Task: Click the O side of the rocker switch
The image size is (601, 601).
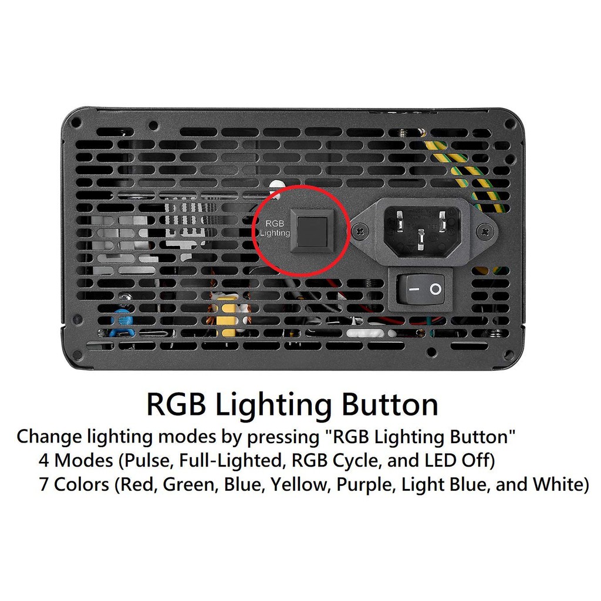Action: pyautogui.click(x=435, y=289)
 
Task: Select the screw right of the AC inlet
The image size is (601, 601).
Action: pyautogui.click(x=485, y=232)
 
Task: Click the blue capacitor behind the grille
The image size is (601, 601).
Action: pyautogui.click(x=123, y=319)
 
